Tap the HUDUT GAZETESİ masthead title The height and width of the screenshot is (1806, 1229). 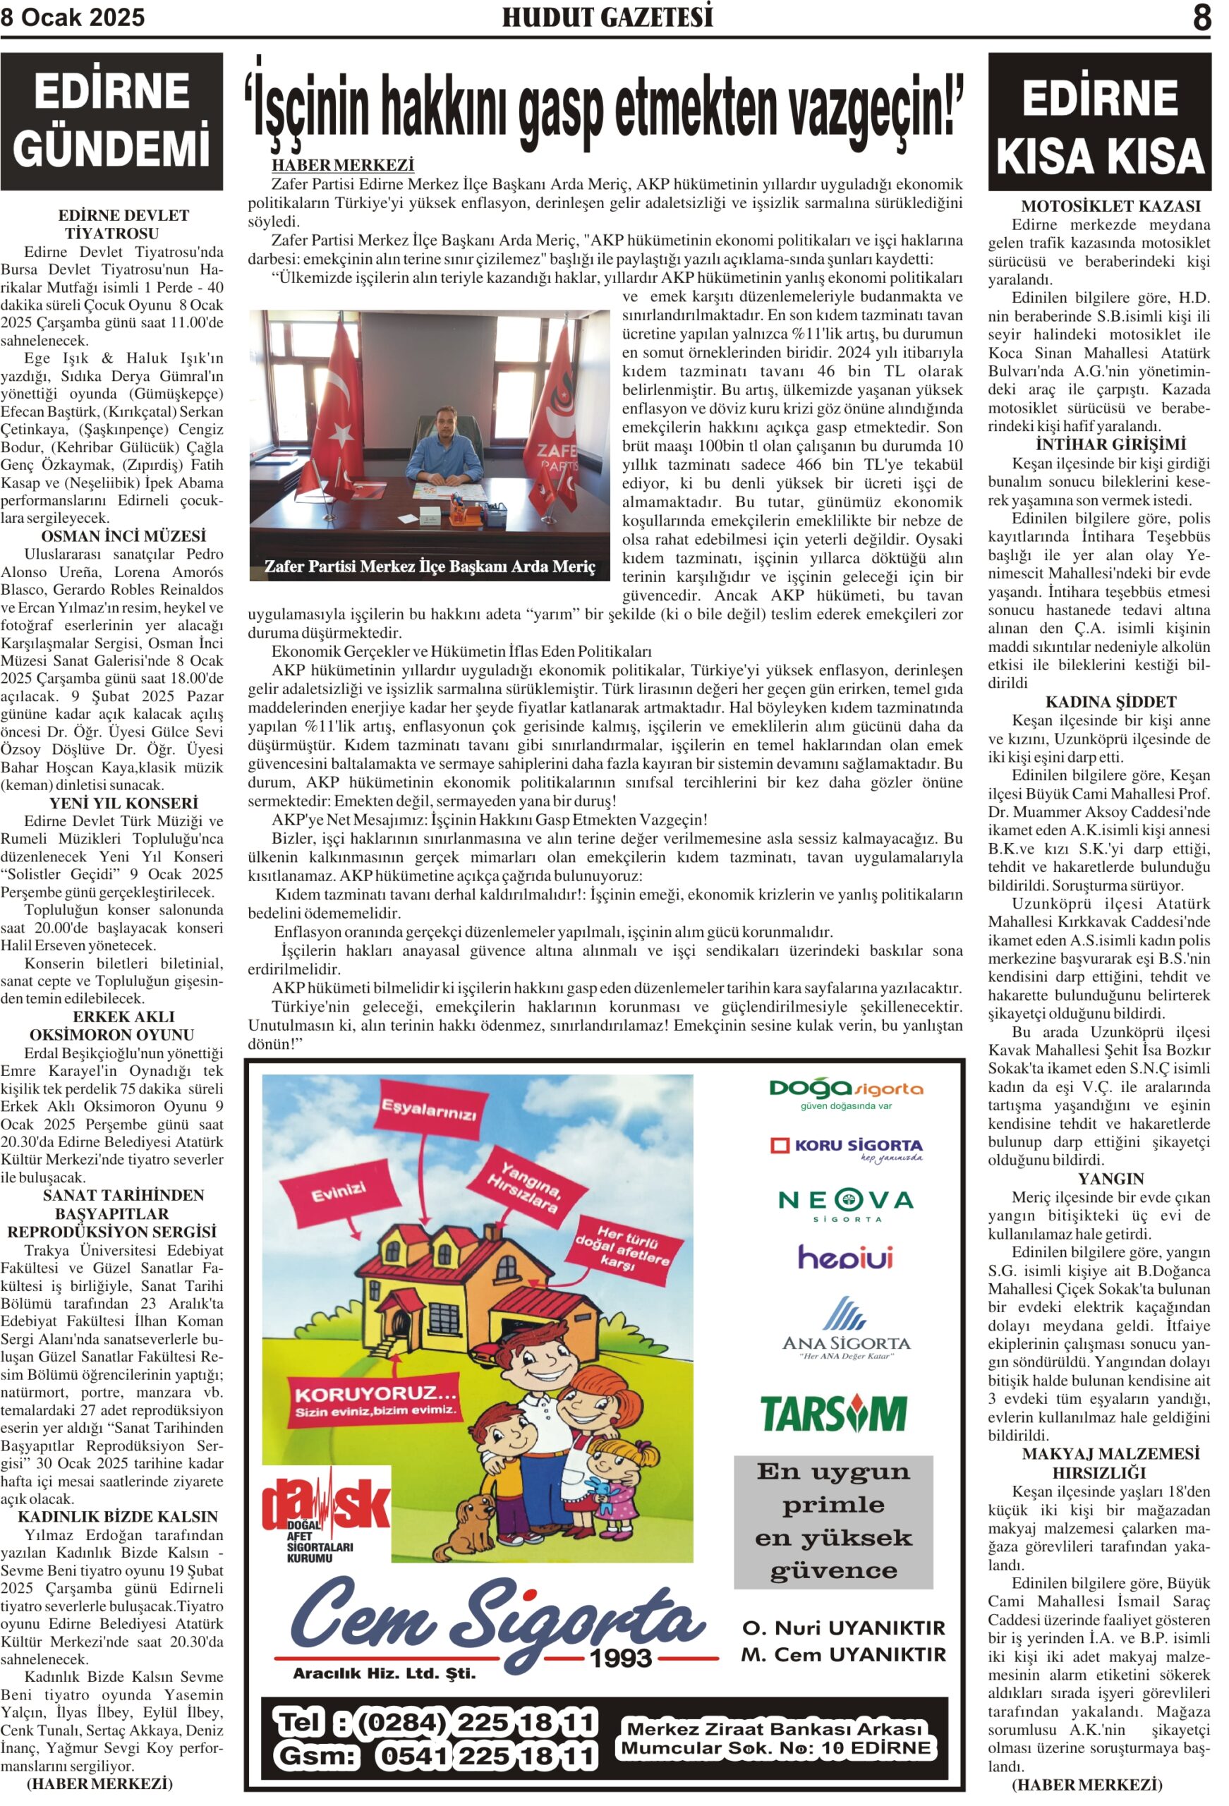pos(607,17)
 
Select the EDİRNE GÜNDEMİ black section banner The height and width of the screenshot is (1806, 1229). pos(112,121)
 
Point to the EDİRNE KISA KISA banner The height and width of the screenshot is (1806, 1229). pos(1099,123)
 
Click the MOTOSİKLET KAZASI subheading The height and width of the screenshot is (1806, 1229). pos(1099,206)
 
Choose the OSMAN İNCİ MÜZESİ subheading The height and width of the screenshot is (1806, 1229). pos(123,536)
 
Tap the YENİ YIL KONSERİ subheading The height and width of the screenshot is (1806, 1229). pos(123,803)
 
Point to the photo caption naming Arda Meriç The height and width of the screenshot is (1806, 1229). pos(430,566)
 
